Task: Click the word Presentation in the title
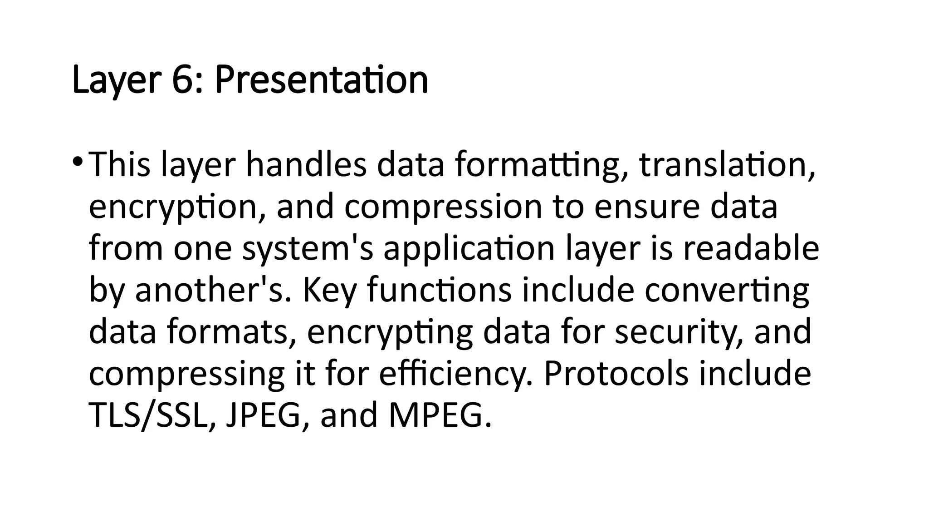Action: (x=321, y=80)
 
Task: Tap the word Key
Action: (x=329, y=291)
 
